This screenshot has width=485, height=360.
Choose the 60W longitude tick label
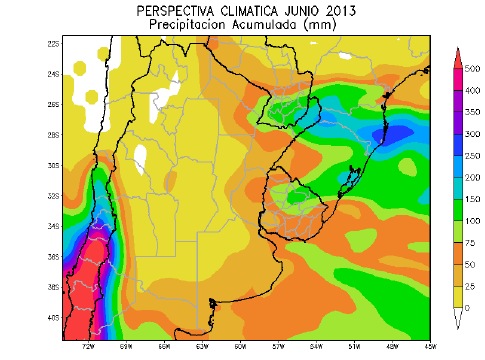tap(202, 344)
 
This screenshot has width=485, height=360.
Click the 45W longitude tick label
tap(429, 344)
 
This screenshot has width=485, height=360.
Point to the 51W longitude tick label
tap(353, 344)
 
